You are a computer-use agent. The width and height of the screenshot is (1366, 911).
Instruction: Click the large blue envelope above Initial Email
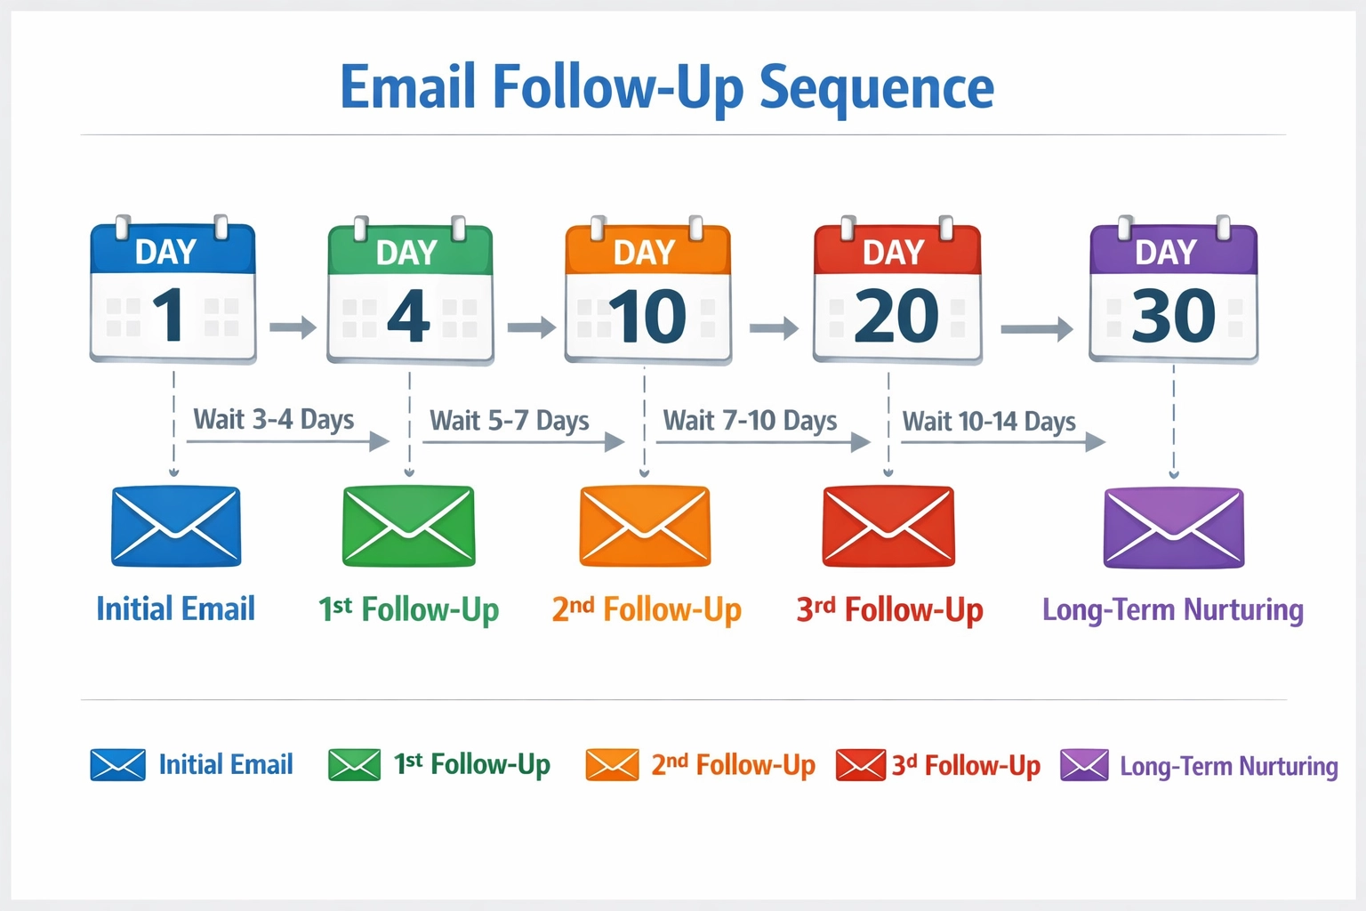[176, 526]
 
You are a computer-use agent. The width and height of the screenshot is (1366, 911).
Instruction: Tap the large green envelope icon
[409, 526]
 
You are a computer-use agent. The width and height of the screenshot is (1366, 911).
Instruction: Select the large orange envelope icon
[645, 526]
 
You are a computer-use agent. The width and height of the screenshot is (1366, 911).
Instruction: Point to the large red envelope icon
[888, 526]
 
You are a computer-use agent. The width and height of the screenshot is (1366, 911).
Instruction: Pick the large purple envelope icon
[1174, 527]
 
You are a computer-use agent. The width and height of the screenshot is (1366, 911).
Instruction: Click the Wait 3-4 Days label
[274, 419]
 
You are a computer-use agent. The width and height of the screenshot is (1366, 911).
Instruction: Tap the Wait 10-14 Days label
[989, 421]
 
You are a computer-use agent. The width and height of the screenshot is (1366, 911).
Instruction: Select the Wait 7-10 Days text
[750, 420]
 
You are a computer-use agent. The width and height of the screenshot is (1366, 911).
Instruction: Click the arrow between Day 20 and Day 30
[1036, 329]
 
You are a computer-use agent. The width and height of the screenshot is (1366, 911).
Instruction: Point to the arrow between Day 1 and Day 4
[293, 327]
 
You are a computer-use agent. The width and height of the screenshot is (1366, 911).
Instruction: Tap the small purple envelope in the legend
[1084, 765]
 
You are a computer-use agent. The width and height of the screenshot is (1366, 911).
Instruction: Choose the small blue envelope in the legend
[117, 765]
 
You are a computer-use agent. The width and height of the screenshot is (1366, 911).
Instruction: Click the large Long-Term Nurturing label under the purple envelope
[1173, 610]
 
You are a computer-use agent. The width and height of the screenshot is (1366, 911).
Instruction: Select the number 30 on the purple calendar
[1173, 316]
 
